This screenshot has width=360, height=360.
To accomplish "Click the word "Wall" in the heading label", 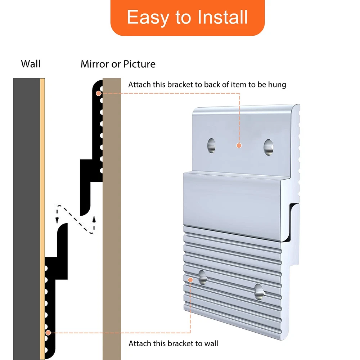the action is (31, 64).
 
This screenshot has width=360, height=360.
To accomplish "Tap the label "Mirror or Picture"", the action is (118, 64).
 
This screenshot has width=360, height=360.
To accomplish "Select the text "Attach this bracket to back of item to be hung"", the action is (207, 85).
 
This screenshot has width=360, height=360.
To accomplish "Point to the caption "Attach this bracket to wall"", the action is (174, 343).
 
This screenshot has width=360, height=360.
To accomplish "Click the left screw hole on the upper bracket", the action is (211, 145).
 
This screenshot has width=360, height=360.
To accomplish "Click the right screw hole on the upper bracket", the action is (269, 147).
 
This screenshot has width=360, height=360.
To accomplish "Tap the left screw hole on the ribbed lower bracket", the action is (203, 277).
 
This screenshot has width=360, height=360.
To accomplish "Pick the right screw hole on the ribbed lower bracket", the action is (259, 292).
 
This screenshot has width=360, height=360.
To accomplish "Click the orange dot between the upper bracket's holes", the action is (239, 145).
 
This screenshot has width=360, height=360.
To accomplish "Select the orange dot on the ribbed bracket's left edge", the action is (190, 280).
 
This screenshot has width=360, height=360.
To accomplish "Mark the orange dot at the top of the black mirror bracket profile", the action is (99, 93).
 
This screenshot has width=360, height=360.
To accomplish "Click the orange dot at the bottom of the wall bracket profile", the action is (48, 333).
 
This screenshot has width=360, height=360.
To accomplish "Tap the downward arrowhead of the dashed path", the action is (57, 220).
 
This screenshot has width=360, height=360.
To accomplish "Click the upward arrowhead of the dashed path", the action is (94, 220).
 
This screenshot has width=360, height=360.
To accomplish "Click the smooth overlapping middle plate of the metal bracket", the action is (232, 206).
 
